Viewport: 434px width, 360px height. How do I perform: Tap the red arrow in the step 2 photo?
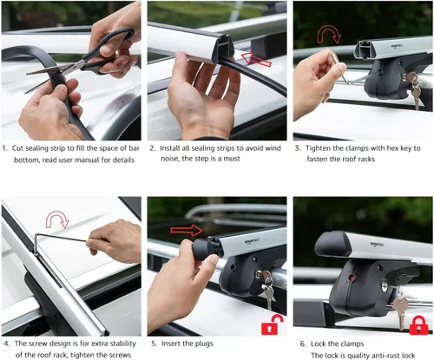pos(256,59)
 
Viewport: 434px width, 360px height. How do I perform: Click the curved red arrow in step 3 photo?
pos(329,34)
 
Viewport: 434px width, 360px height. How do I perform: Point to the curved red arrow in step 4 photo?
pos(57,219)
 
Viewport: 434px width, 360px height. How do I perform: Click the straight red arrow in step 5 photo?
pos(187,230)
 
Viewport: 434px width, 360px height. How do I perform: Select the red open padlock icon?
pos(273,324)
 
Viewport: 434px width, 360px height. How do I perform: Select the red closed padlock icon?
pos(418,325)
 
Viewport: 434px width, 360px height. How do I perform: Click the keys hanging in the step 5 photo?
pos(268,289)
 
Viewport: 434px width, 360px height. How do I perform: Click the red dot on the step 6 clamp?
pos(352,278)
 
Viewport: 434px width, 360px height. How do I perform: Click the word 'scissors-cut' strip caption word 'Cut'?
pos(17,148)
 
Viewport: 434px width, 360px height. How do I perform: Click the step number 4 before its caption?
pos(7,344)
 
